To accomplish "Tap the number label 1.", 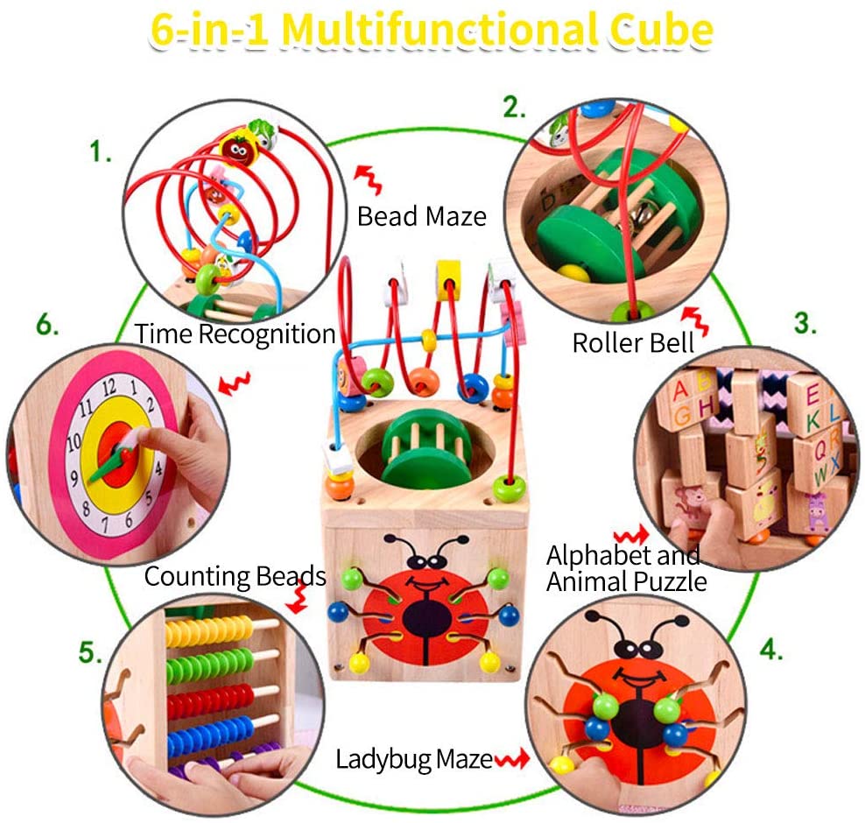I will (x=101, y=152).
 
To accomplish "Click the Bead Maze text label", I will (x=421, y=215).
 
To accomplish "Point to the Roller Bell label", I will (x=632, y=342).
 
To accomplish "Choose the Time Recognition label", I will (x=235, y=334).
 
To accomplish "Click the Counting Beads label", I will (x=235, y=576).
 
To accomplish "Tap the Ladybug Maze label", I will (x=414, y=759).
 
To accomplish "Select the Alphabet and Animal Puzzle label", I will (x=625, y=567).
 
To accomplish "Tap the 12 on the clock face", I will (x=109, y=385).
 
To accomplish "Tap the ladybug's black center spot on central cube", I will (x=426, y=620).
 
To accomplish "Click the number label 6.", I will (x=47, y=326).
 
